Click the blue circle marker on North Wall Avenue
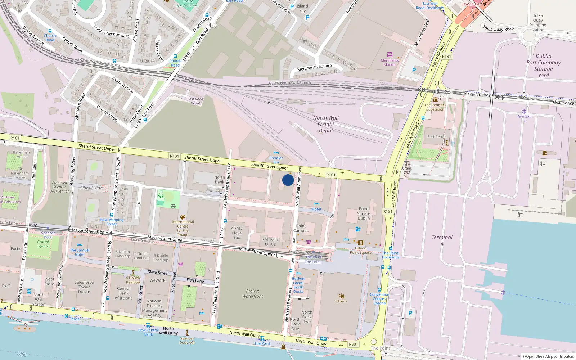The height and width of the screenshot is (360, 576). tap(288, 180)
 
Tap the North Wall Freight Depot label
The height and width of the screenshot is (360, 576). tap(326, 124)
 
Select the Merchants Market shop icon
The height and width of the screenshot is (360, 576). tap(390, 55)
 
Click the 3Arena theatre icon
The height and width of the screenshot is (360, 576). tap(341, 296)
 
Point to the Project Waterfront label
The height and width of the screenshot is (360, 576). tap(252, 293)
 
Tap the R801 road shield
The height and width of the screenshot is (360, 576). tap(354, 344)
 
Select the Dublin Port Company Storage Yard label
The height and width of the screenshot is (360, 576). tap(543, 66)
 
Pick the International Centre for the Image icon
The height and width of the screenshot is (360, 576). tap(183, 217)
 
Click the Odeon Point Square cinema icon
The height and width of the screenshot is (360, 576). tap(361, 243)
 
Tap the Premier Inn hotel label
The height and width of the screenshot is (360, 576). tap(276, 158)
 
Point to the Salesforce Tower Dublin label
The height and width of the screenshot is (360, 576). tap(84, 287)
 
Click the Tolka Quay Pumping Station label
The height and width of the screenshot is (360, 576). tap(538, 23)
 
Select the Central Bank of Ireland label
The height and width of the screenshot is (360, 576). tap(124, 293)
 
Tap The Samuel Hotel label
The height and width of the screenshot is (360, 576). tap(80, 252)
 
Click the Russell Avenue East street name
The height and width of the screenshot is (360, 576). tap(111, 31)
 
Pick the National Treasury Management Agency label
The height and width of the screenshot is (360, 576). tap(154, 308)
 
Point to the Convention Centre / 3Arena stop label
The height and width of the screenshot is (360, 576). tap(379, 298)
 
